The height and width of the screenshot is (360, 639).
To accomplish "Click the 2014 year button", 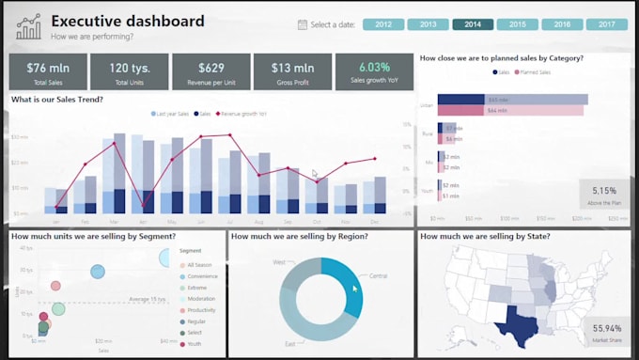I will [x=472, y=24].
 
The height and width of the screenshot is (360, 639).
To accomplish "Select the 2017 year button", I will [x=606, y=24].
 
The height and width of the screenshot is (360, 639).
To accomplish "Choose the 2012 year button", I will [x=382, y=24].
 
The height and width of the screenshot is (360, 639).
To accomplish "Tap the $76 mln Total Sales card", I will [x=48, y=71].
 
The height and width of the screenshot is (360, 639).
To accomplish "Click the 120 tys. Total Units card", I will [x=129, y=71].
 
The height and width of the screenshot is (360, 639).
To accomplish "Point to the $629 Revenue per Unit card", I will [x=211, y=71].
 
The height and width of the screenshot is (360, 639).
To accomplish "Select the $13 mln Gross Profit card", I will [x=292, y=71].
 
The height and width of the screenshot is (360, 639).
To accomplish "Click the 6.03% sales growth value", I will [x=373, y=67].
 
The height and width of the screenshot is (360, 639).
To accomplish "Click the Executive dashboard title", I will [x=127, y=21].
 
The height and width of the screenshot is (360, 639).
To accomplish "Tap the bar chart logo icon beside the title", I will [x=28, y=26].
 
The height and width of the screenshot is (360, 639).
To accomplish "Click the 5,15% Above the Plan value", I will [x=604, y=190].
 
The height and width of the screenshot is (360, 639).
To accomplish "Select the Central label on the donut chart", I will [x=378, y=276].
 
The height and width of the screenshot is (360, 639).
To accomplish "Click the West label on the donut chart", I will [x=278, y=262].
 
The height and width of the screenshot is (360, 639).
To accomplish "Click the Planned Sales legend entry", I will [x=533, y=71].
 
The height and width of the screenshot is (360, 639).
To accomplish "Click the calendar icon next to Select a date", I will [x=302, y=24].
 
